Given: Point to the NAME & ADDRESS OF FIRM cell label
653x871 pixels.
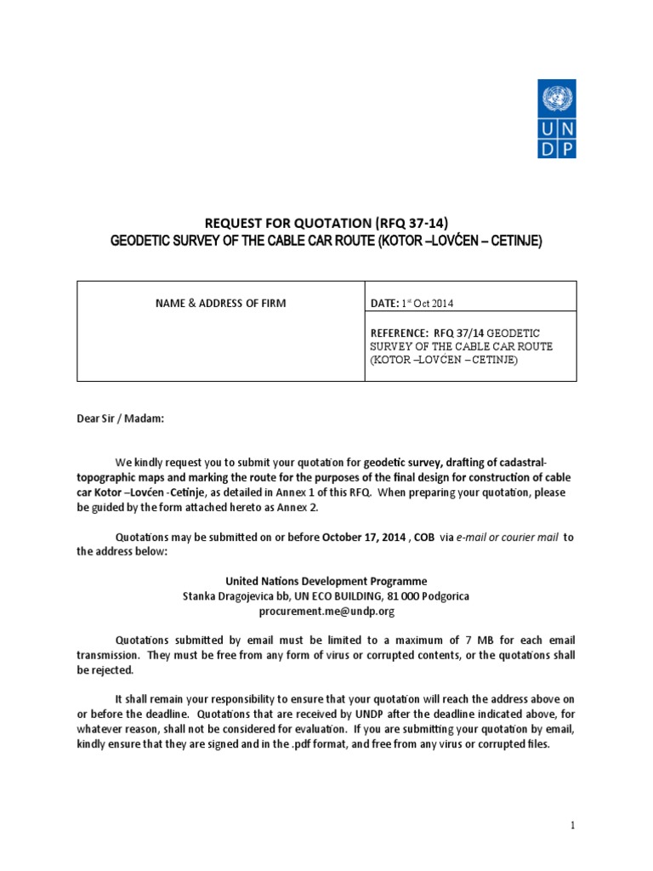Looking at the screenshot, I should tap(220, 304).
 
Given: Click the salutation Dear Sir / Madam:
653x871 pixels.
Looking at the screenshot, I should tap(119, 418).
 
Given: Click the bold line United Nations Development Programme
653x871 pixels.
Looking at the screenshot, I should tap(326, 581).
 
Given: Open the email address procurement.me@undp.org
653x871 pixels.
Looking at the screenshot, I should tap(326, 611).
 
